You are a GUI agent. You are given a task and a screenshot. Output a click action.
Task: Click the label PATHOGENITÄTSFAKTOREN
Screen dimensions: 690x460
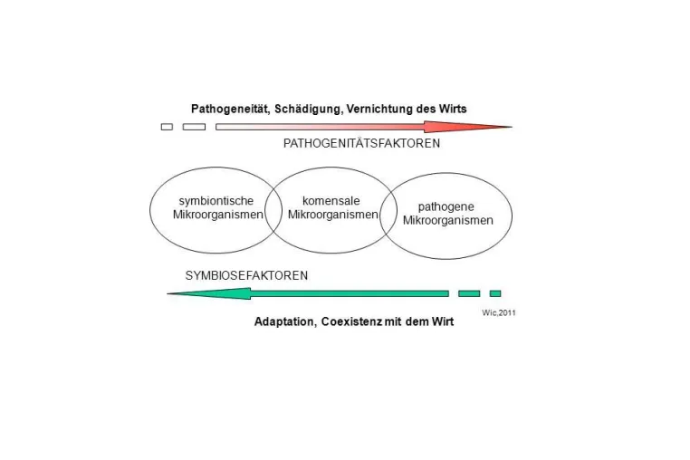tap(361, 143)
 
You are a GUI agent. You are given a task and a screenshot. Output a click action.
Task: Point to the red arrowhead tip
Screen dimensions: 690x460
tap(512, 127)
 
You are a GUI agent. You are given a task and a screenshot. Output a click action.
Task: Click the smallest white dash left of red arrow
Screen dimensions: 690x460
tap(167, 127)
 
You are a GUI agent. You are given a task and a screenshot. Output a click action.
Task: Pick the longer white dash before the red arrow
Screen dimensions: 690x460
tap(194, 127)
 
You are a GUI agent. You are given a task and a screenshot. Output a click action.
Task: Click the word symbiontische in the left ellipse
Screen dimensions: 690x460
tap(216, 201)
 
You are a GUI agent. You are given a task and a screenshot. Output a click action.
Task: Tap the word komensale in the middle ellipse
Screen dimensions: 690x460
tap(331, 201)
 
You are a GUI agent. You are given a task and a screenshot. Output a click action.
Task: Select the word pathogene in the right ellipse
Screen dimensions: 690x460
tap(446, 206)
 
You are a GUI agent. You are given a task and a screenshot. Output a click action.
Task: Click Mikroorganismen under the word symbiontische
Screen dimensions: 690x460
tap(218, 215)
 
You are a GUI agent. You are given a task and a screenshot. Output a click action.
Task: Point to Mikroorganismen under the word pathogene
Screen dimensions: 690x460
tap(448, 221)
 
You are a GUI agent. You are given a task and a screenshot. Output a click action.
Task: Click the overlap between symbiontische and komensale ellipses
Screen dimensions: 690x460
tap(276, 210)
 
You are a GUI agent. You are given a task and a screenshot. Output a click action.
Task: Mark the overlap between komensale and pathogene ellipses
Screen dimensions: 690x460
tap(388, 215)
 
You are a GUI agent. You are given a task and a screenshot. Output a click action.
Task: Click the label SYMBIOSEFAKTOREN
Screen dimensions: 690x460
tap(246, 275)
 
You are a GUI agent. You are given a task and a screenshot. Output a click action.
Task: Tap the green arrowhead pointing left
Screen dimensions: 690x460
tap(209, 293)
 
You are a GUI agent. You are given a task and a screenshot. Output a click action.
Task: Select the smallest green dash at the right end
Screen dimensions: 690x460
tap(495, 293)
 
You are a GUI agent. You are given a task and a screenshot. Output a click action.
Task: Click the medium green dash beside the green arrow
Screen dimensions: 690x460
tap(469, 293)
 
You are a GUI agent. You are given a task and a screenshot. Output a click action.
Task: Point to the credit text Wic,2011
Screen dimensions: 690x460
tap(499, 313)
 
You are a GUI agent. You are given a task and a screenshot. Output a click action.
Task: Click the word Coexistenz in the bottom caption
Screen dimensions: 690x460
tap(351, 321)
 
